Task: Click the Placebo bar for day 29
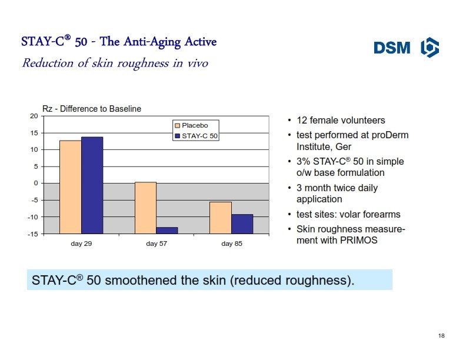(x=71, y=187)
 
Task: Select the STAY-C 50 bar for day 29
(x=92, y=185)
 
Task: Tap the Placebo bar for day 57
(x=146, y=208)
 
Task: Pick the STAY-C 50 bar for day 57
(x=167, y=231)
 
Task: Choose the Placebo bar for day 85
(x=221, y=218)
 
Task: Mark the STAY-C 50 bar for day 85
(x=242, y=224)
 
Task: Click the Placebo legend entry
(x=192, y=125)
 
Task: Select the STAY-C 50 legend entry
(x=196, y=136)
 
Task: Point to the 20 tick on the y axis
(x=34, y=116)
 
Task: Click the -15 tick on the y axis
(x=33, y=234)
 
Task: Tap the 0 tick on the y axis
(x=36, y=184)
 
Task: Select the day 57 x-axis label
(x=157, y=244)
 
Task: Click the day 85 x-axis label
(x=231, y=244)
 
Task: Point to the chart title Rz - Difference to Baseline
(x=92, y=109)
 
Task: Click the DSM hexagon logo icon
(x=430, y=47)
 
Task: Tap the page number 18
(x=441, y=336)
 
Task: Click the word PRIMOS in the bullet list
(x=358, y=240)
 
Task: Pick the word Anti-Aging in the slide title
(x=152, y=42)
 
